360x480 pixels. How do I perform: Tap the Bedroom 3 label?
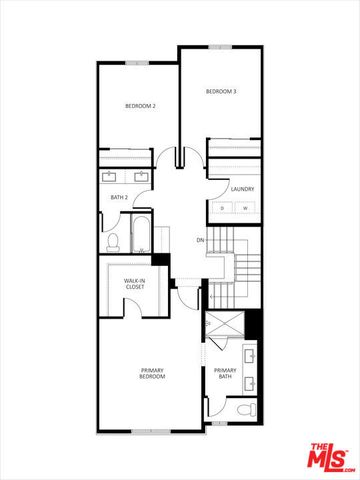click(x=220, y=92)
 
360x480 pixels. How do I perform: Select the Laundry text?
click(x=241, y=188)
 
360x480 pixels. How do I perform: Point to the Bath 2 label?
click(x=119, y=198)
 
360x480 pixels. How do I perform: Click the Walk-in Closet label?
click(x=135, y=284)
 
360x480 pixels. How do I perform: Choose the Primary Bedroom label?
click(x=152, y=373)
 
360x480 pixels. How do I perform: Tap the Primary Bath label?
click(x=225, y=373)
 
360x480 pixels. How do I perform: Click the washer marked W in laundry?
click(x=245, y=208)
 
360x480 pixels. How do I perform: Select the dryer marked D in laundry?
click(x=223, y=208)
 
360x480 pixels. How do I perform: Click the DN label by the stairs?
click(x=200, y=240)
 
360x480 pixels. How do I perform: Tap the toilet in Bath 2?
click(x=113, y=240)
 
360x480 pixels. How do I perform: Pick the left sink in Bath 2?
click(x=110, y=176)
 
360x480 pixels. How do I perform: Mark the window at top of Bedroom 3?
click(x=222, y=46)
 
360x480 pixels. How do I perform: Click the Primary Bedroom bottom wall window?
click(x=150, y=431)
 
